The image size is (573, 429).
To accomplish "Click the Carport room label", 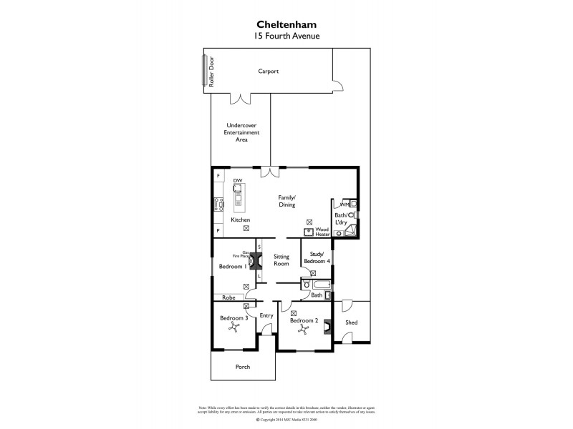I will [x=269, y=71].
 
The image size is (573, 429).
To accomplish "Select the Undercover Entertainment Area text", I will [x=241, y=132].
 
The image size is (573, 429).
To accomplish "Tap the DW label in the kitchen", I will [x=237, y=182].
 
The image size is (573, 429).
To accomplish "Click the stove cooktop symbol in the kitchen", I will [x=216, y=204].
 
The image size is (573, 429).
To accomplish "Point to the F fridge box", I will [x=218, y=175].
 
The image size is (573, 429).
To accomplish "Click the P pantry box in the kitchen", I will [x=218, y=231].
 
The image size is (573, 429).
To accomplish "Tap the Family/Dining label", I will [x=287, y=201].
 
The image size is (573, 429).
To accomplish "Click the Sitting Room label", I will [x=280, y=260].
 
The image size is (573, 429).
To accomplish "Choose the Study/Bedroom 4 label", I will [x=317, y=258].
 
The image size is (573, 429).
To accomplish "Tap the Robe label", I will [x=228, y=297].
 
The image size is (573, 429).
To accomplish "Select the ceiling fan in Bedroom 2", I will [x=304, y=331].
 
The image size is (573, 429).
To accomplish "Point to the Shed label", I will [x=351, y=322].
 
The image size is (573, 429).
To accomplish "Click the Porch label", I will [x=243, y=368].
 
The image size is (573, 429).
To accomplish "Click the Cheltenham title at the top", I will [x=286, y=22].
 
